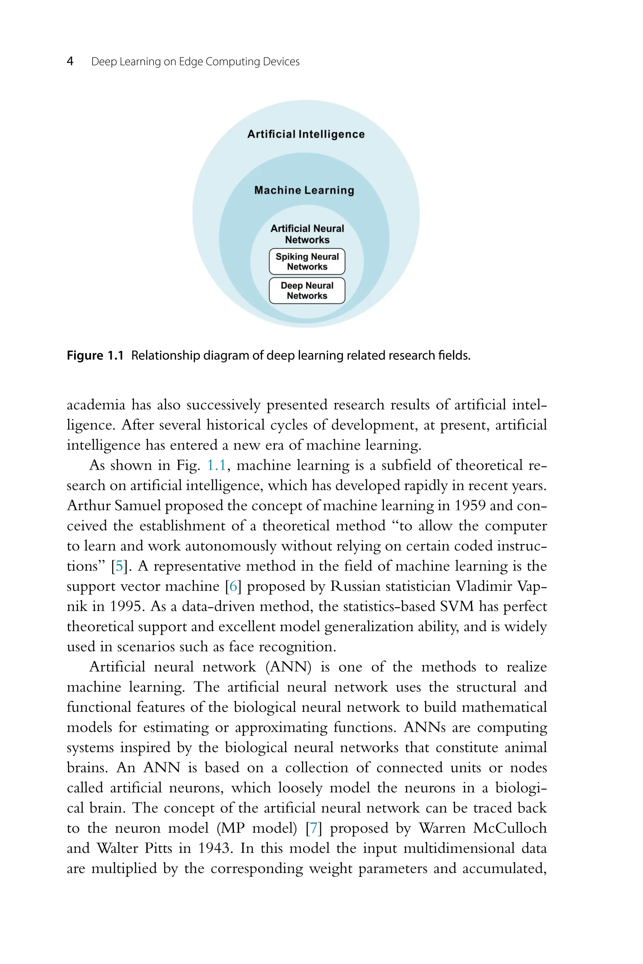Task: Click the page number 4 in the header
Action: (70, 62)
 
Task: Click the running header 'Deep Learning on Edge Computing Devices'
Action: (195, 62)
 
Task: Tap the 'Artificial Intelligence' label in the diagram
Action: (306, 134)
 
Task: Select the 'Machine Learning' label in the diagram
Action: (304, 190)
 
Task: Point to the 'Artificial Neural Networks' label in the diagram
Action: (307, 234)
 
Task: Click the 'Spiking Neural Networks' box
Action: (307, 261)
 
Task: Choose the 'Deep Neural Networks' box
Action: (307, 291)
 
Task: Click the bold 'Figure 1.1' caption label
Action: (95, 355)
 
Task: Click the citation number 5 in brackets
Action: (119, 566)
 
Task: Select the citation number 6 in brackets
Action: (233, 586)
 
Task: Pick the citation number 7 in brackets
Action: (314, 828)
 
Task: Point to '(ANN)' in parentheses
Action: (289, 667)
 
